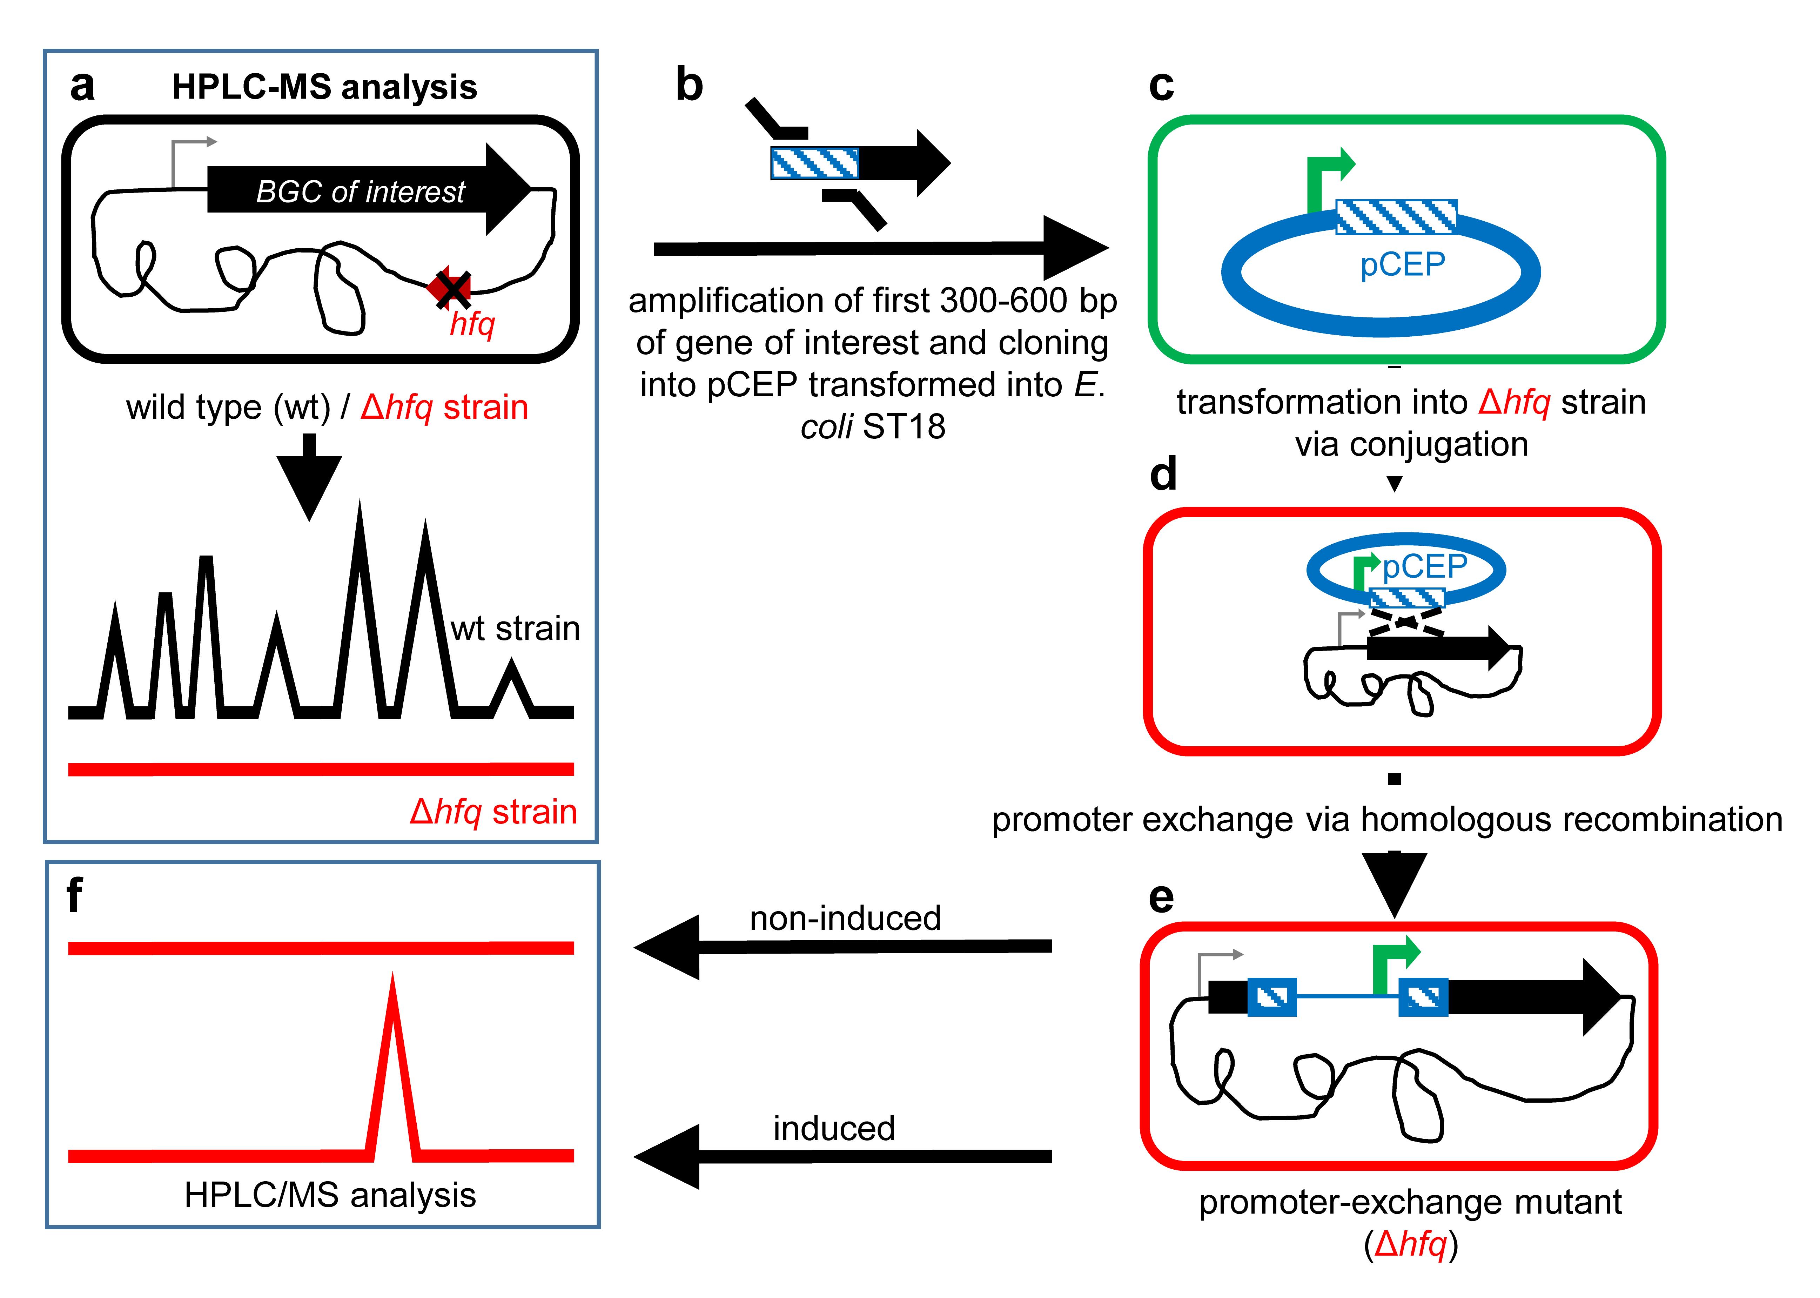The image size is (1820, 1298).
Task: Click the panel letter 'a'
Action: [x=82, y=86]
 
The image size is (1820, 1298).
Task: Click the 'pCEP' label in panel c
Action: [x=1403, y=264]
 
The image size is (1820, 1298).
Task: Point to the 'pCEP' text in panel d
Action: [x=1425, y=567]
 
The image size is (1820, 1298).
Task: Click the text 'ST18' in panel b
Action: [x=904, y=427]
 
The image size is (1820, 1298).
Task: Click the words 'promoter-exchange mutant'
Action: [x=1410, y=1202]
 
